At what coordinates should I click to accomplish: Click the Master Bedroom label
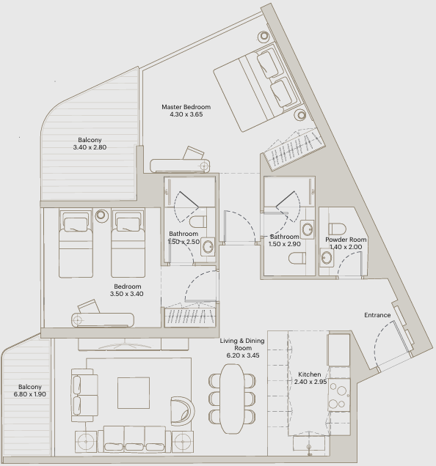pos(186,107)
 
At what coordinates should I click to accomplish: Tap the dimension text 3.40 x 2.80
pos(90,147)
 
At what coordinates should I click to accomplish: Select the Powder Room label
pos(346,240)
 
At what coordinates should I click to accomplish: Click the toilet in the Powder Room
pos(337,229)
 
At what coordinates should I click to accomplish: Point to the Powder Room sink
pos(327,258)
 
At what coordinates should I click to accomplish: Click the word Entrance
pos(377,315)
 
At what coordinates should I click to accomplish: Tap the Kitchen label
pos(310,374)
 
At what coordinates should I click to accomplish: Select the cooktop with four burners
pos(339,395)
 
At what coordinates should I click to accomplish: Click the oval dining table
pos(232,399)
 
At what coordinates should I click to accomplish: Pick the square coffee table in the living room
pos(134,393)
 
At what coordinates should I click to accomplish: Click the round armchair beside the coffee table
pos(182,411)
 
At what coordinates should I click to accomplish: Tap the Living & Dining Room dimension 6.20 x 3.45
pos(243,355)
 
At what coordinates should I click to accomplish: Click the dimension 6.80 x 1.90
pos(30,394)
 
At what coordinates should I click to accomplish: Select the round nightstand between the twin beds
pos(101,215)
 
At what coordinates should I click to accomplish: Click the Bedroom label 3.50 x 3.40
pos(127,294)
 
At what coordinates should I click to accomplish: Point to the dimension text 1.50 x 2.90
pos(285,244)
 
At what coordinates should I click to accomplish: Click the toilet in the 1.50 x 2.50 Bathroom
pos(198,221)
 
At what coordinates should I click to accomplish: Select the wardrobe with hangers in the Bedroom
pos(190,317)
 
